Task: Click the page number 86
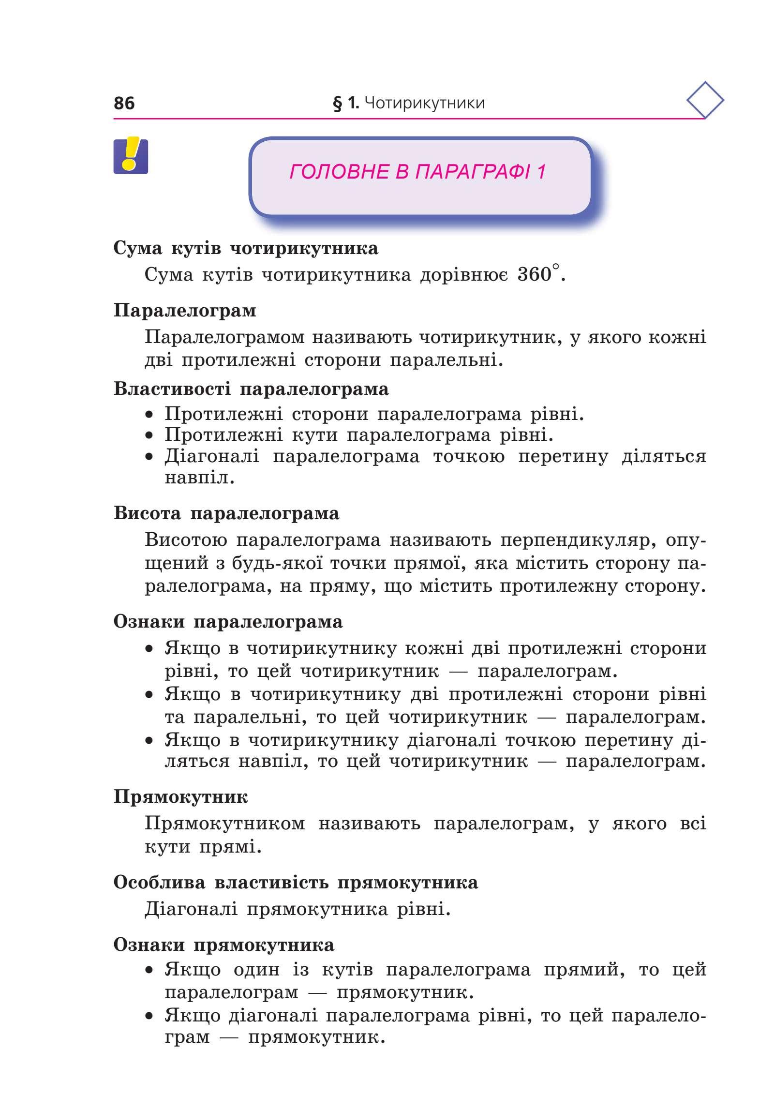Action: pos(124,103)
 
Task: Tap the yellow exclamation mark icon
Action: pos(131,156)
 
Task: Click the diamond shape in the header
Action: pos(705,101)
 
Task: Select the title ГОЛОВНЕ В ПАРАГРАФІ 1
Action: pos(417,172)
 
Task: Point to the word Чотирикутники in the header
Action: pos(424,103)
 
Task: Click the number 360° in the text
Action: pos(538,274)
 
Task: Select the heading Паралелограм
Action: pos(185,310)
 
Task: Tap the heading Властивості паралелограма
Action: pos(251,389)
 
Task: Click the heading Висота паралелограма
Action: pos(226,513)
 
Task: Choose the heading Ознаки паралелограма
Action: pos(228,622)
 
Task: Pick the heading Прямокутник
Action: pos(180,797)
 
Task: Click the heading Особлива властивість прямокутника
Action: pos(296,883)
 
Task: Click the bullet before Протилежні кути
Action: pos(151,436)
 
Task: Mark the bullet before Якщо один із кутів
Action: pos(151,971)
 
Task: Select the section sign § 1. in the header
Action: pos(345,103)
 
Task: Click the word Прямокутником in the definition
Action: pos(225,824)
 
